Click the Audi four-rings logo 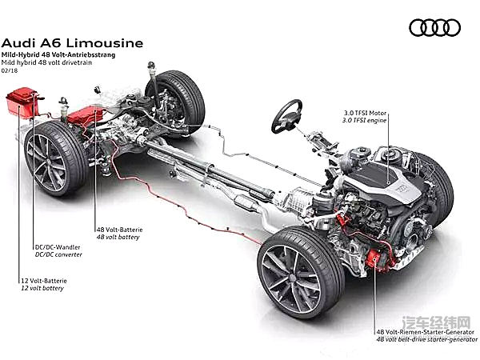434,27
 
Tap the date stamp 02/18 11,72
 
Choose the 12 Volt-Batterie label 41,280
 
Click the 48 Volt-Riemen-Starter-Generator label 425,328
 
